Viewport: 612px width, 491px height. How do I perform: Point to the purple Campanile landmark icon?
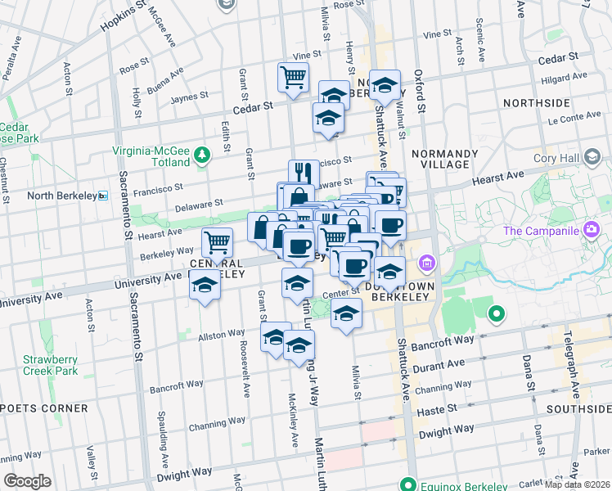pyautogui.click(x=590, y=231)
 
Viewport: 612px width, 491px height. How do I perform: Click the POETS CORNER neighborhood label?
pyautogui.click(x=46, y=408)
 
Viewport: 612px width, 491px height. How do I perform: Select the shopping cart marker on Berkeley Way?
pyautogui.click(x=217, y=242)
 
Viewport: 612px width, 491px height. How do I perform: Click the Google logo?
pyautogui.click(x=28, y=481)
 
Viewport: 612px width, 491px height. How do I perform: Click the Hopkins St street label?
pyautogui.click(x=124, y=16)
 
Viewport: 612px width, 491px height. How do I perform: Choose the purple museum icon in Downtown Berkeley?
pyautogui.click(x=426, y=263)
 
